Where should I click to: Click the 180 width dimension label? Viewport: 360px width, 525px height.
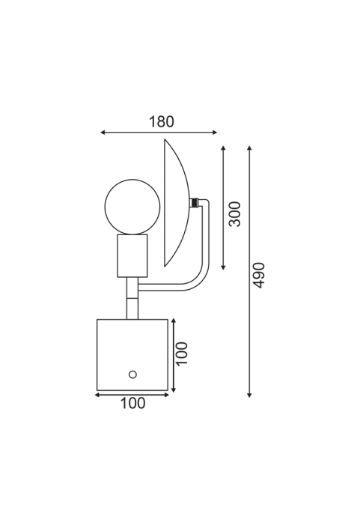pos(161,122)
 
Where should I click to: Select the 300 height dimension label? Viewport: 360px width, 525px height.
pos(235,214)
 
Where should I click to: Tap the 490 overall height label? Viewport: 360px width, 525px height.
pos(259,275)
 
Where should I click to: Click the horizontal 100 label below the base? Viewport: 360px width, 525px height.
pos(132,403)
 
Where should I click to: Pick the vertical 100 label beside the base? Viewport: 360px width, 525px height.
pos(182,354)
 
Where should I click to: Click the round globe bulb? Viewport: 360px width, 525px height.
pos(132,207)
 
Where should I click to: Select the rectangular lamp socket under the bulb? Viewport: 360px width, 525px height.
pos(132,256)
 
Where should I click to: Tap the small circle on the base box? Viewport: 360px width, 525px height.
pos(132,374)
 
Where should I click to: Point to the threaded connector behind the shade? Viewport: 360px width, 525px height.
pos(193,203)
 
